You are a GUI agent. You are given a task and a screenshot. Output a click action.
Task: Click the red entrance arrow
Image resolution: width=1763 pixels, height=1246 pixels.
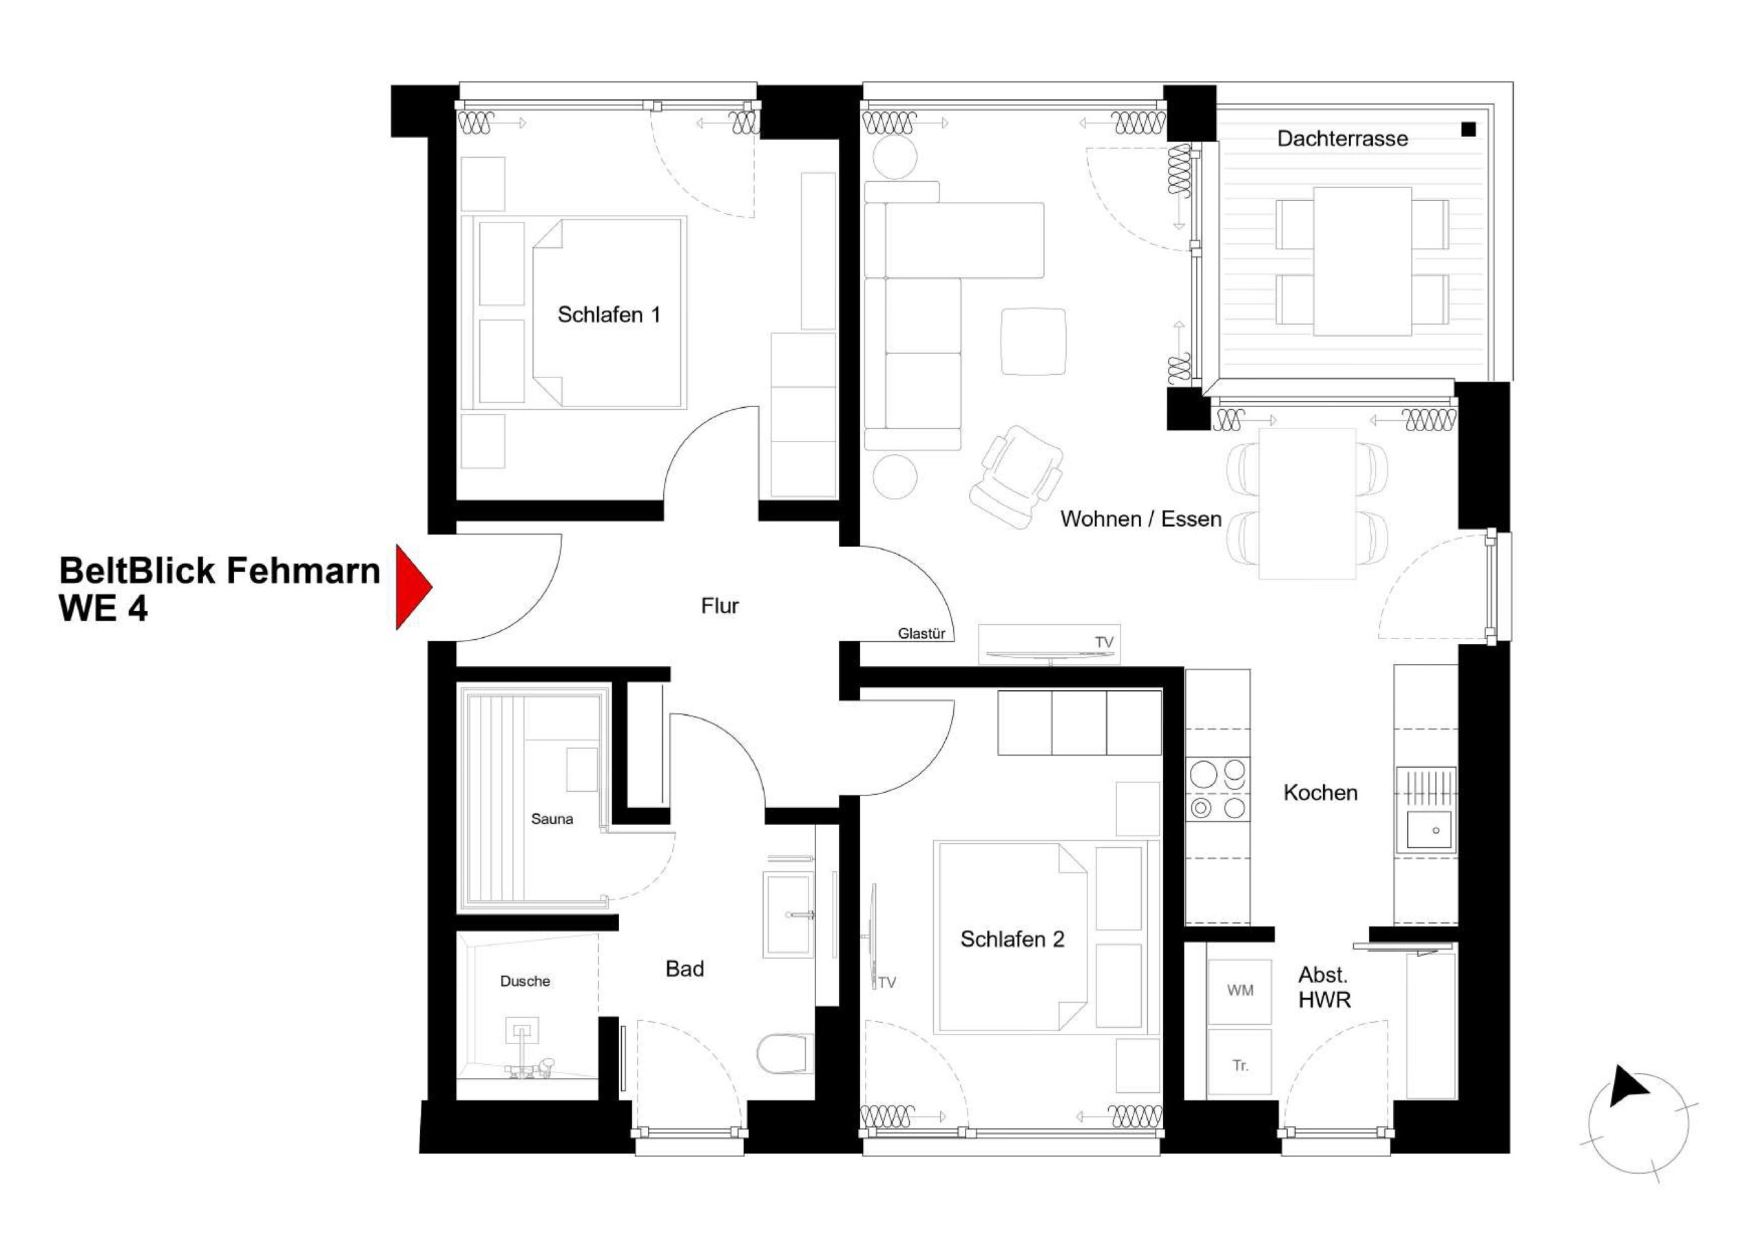pyautogui.click(x=412, y=587)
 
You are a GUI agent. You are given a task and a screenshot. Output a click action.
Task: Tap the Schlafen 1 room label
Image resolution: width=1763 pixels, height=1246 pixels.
pyautogui.click(x=608, y=315)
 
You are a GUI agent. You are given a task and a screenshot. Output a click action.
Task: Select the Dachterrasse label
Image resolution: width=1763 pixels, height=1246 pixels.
pyautogui.click(x=1342, y=139)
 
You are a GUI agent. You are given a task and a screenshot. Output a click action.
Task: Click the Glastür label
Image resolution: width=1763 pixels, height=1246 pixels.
pyautogui.click(x=921, y=634)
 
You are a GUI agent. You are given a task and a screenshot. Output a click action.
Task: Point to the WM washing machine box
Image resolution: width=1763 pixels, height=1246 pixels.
pyautogui.click(x=1240, y=991)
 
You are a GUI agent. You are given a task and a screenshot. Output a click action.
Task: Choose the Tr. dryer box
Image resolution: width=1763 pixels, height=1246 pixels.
pyautogui.click(x=1240, y=1066)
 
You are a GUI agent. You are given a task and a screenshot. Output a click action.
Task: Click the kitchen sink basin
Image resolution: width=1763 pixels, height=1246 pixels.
pyautogui.click(x=1429, y=831)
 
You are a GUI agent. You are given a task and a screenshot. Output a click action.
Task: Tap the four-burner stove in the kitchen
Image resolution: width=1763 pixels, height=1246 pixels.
pyautogui.click(x=1217, y=789)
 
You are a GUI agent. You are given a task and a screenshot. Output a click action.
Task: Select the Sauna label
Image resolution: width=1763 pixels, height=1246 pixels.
pyautogui.click(x=552, y=819)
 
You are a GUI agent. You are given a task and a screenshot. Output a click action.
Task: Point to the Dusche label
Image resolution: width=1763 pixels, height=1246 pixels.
pyautogui.click(x=525, y=981)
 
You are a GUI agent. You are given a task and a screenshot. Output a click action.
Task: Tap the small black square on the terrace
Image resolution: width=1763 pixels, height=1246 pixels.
pyautogui.click(x=1468, y=129)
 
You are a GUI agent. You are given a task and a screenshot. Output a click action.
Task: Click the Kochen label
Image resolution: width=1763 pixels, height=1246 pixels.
pyautogui.click(x=1320, y=793)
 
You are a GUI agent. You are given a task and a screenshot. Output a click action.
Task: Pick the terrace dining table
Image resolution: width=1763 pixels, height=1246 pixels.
pyautogui.click(x=1362, y=261)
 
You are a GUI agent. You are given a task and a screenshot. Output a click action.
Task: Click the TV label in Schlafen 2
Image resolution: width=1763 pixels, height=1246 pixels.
pyautogui.click(x=887, y=982)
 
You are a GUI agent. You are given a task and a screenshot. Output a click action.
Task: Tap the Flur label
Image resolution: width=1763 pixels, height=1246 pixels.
pyautogui.click(x=720, y=606)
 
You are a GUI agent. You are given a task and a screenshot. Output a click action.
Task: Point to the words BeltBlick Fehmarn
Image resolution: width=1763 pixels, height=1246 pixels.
pyautogui.click(x=220, y=571)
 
